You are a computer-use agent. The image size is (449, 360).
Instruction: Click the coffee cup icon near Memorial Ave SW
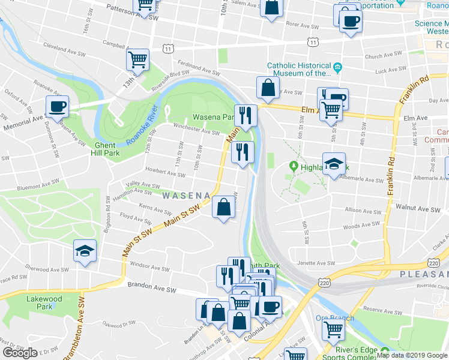pos(57,107)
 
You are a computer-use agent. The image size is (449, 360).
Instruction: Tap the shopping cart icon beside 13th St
pos(138,60)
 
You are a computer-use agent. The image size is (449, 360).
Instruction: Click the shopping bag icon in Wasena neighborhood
pos(223,208)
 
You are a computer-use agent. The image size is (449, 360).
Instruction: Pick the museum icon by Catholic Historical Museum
pos(338,66)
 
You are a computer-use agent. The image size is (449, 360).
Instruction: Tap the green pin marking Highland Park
pos(294,165)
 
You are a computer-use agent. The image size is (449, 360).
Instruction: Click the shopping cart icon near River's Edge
pos(333,329)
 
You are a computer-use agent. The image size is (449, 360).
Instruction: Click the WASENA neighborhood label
pos(185,196)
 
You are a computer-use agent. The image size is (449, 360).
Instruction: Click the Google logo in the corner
pos(20,353)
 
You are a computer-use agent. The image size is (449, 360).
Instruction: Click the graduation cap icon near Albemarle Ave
pos(334,163)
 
